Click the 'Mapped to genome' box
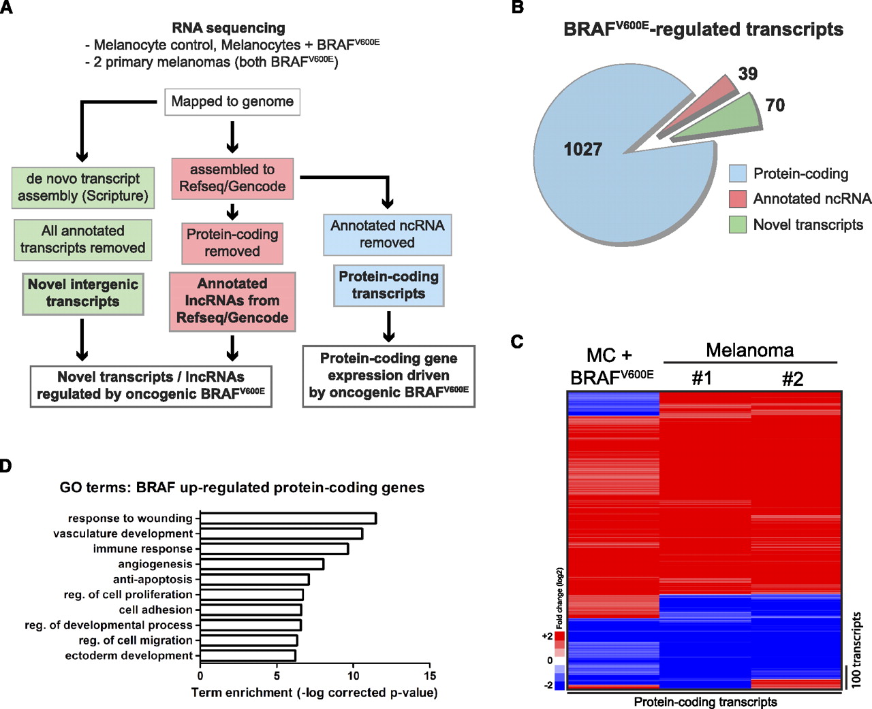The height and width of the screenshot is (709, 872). [x=232, y=102]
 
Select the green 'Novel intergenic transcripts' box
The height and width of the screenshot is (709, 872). [x=83, y=293]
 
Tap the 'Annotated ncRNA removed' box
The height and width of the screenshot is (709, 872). [x=387, y=234]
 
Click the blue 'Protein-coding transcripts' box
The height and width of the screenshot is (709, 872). [x=388, y=285]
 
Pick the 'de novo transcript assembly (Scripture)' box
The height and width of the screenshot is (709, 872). [x=83, y=187]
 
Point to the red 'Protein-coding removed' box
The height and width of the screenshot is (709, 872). [x=232, y=243]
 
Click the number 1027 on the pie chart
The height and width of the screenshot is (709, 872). [x=582, y=150]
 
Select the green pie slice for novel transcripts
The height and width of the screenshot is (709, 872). [x=722, y=120]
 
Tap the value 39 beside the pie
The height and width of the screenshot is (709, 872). [x=747, y=73]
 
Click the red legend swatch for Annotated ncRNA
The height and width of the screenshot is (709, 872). [x=738, y=199]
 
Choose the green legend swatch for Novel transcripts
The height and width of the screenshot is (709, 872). [x=738, y=225]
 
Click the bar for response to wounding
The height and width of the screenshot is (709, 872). [x=288, y=518]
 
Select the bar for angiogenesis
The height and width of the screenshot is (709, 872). [x=262, y=564]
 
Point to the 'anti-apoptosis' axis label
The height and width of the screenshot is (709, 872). [x=153, y=579]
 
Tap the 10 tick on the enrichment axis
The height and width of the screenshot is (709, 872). [x=353, y=676]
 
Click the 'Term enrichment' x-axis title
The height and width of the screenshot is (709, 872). [x=314, y=693]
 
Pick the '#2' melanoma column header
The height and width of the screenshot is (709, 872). [x=792, y=379]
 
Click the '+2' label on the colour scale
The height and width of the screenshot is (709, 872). [x=547, y=636]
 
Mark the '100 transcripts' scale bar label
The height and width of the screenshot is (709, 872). [x=856, y=650]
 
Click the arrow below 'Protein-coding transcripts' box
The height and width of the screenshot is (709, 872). [x=388, y=327]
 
